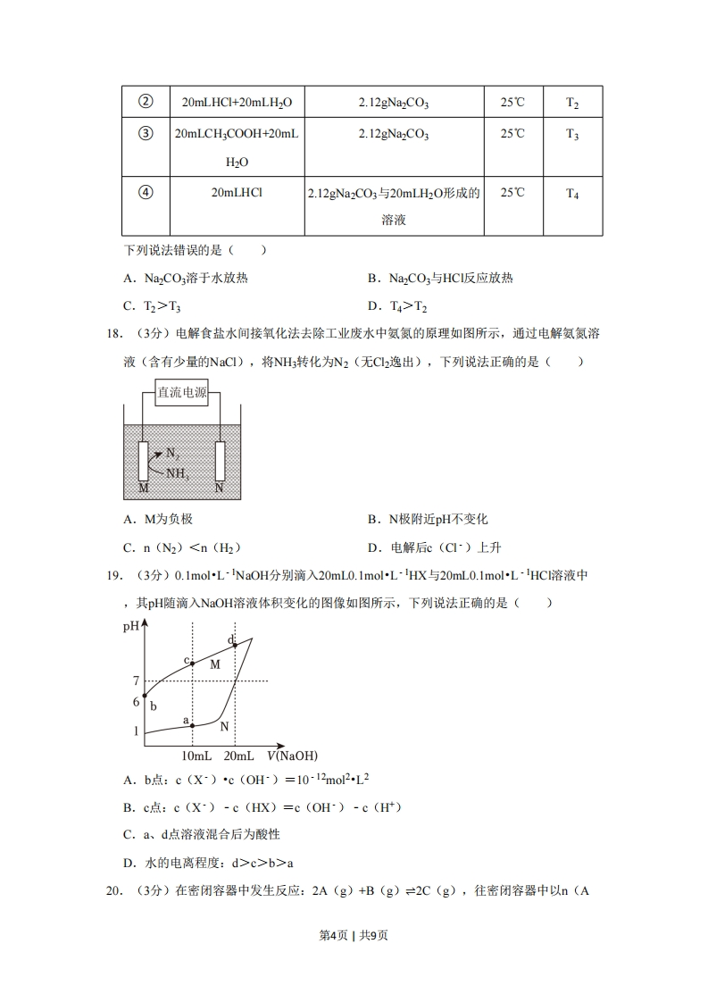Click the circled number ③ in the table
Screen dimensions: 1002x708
[x=146, y=135]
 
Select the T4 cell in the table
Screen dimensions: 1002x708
[x=572, y=193]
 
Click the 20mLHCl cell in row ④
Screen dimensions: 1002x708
[x=237, y=192]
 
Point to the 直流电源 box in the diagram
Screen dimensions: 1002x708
[x=182, y=393]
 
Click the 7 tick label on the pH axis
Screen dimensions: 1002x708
[x=137, y=682]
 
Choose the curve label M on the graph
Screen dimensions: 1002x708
[x=214, y=664]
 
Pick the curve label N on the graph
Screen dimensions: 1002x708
[x=224, y=727]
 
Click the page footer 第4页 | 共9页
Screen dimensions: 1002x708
[x=354, y=935]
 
